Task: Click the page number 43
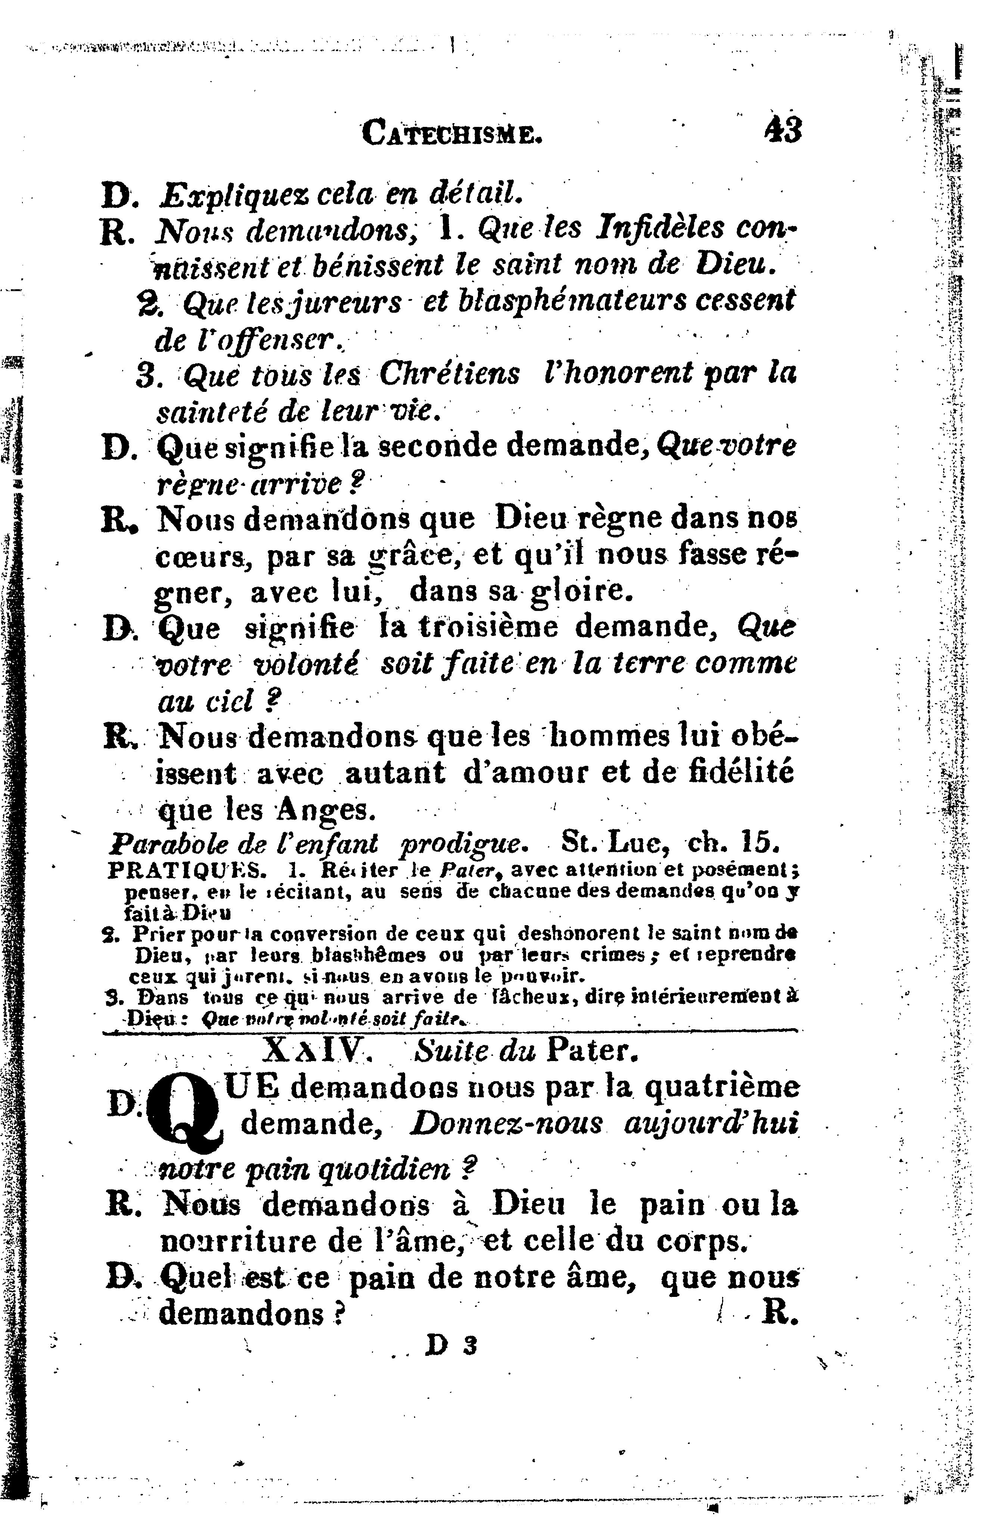[x=783, y=131]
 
